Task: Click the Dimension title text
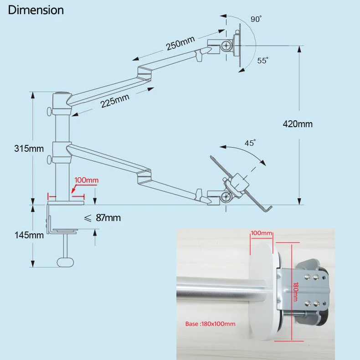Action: coord(36,10)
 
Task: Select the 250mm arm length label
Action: coord(180,44)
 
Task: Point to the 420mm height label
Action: coord(298,123)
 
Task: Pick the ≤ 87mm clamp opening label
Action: coord(103,218)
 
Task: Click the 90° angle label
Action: coord(256,20)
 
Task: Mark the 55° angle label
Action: coord(262,60)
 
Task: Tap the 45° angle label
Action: coord(250,143)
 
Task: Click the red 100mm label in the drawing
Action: coord(86,180)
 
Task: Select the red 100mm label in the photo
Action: coord(261,233)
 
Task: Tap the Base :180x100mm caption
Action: coord(210,324)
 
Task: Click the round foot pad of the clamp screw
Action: coord(65,262)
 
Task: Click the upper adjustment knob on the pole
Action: coord(49,111)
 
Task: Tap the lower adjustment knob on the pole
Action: coord(49,160)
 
